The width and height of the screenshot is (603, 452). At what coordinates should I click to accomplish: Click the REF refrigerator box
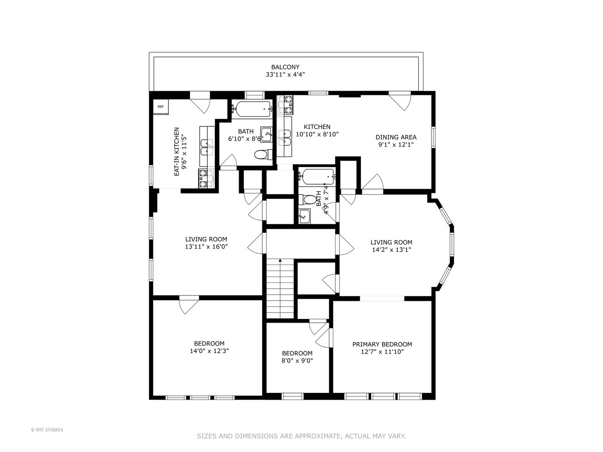tap(161, 107)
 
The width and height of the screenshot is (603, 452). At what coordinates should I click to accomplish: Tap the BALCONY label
tap(285, 67)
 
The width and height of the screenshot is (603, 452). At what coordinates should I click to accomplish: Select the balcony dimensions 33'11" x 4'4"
tap(285, 74)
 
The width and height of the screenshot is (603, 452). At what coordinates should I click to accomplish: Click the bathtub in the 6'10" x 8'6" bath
tap(252, 110)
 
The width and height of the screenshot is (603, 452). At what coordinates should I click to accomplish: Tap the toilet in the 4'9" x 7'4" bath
tap(307, 200)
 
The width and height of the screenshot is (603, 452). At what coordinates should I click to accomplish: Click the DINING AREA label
tap(396, 137)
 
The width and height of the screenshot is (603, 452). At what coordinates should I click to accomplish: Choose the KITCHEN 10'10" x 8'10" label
tap(317, 131)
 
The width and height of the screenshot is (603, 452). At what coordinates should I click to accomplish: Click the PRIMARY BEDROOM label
tap(382, 344)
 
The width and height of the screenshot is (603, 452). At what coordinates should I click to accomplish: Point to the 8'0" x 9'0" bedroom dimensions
tap(297, 361)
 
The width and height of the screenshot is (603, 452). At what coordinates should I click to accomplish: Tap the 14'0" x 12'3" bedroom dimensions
tap(209, 351)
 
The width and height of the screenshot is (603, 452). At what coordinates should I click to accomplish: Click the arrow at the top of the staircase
tap(280, 260)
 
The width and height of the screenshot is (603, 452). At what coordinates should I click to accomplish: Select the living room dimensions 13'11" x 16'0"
tap(206, 247)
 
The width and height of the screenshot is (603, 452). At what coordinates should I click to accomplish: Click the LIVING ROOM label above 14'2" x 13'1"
tap(391, 242)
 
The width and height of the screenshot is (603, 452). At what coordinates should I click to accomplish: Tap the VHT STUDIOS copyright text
tap(47, 430)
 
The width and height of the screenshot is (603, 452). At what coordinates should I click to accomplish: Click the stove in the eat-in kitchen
tap(206, 179)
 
